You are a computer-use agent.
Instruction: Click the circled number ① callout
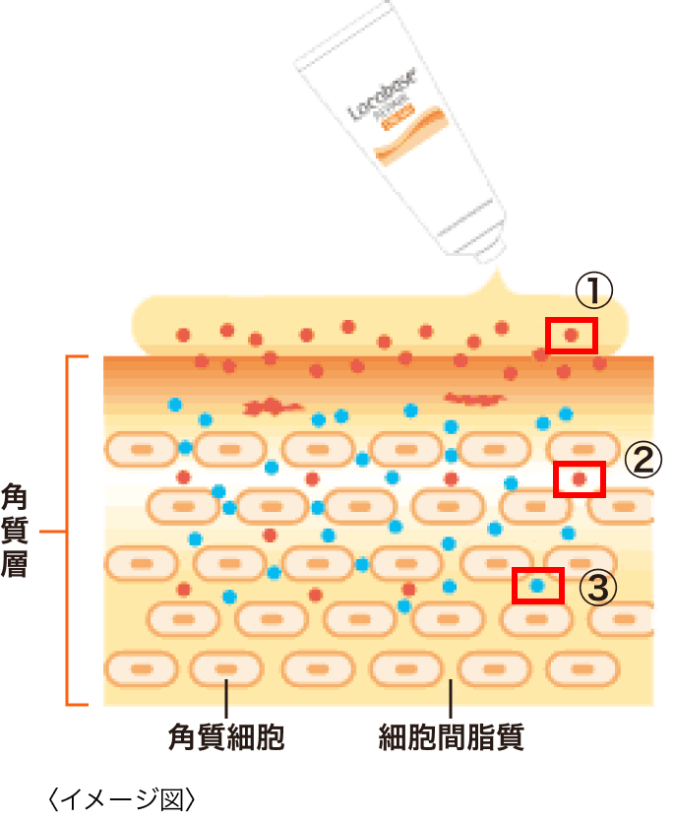point(594,291)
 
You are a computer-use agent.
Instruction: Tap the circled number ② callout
point(642,460)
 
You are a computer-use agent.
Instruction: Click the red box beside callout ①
point(572,336)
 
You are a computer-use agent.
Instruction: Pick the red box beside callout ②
point(579,478)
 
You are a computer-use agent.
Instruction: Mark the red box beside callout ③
point(537,586)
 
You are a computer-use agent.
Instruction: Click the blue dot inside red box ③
point(537,586)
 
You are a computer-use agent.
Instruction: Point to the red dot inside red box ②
point(579,478)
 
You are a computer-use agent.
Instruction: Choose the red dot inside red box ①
point(572,336)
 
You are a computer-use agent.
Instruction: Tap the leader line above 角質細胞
point(226,701)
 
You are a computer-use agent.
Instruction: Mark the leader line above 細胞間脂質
point(451,701)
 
